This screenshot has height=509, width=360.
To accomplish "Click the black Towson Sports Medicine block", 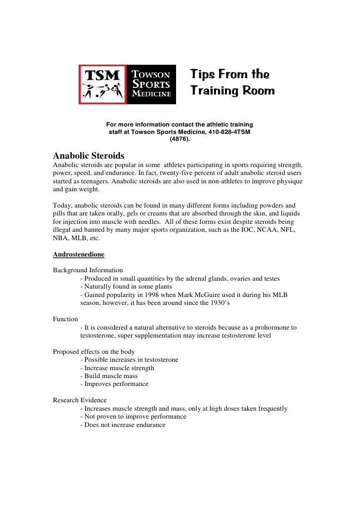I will point(152,85).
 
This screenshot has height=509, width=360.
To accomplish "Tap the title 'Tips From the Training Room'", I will point(232,83).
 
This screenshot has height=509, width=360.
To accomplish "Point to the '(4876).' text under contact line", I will point(180,140).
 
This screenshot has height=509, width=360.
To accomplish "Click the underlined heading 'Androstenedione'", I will point(78,256).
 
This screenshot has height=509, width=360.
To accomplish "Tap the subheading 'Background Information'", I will point(88,270).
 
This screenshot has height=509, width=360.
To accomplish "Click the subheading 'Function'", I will point(66,319).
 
